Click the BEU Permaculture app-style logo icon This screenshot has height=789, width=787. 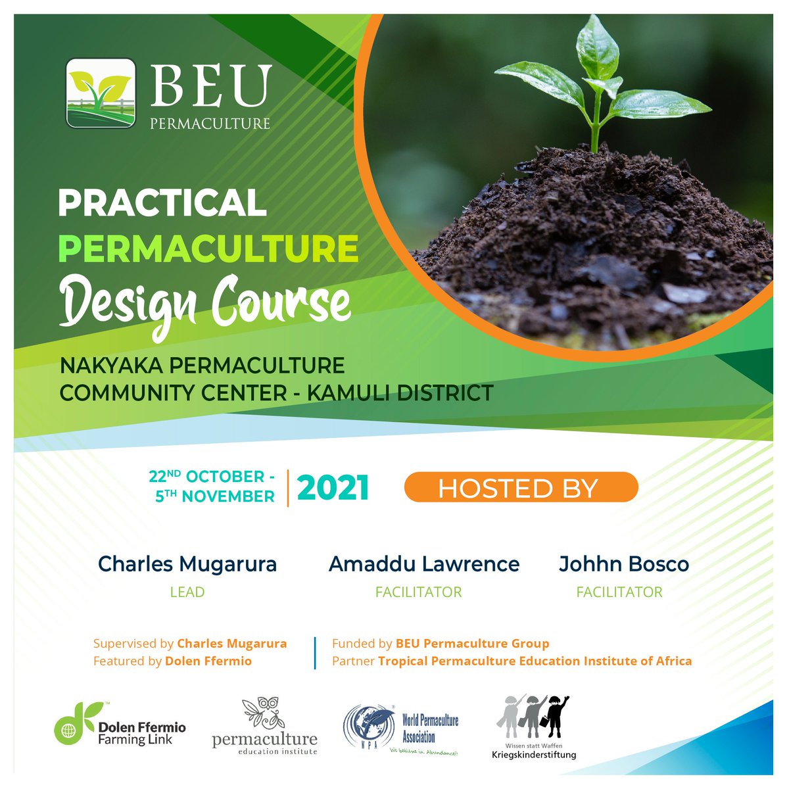click(101, 93)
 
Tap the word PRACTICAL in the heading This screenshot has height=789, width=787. click(162, 203)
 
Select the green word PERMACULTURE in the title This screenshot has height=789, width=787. click(208, 249)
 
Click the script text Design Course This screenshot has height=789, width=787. click(204, 302)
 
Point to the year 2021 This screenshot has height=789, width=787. click(333, 489)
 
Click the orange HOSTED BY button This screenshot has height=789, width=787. click(521, 488)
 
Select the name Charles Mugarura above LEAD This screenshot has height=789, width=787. click(187, 564)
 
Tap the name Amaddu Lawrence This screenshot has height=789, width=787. click(424, 564)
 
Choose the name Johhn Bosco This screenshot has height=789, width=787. click(624, 564)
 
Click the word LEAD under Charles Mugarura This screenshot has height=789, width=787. click(187, 592)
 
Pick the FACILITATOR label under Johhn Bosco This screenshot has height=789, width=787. click(619, 592)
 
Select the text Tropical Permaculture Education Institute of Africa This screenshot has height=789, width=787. click(535, 661)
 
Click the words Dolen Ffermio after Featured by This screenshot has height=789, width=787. click(208, 661)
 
